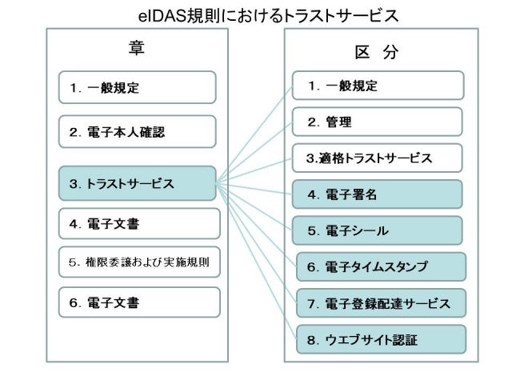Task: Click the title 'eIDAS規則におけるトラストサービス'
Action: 268,16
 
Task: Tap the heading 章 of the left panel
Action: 137,48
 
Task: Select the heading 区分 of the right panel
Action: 377,52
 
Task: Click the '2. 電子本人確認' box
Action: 137,131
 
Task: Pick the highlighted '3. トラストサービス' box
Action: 137,183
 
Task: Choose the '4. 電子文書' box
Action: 139,224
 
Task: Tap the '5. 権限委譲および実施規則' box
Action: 139,262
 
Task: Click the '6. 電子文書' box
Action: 139,302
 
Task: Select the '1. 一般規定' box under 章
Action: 137,87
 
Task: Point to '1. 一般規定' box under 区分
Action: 378,86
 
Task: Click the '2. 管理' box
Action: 377,122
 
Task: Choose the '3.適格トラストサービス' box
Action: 377,158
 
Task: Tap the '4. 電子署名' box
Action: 377,194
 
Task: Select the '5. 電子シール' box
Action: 377,230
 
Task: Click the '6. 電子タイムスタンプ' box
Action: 381,266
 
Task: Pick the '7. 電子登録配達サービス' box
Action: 381,303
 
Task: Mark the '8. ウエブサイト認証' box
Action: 381,339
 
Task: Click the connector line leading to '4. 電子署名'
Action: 254,189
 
